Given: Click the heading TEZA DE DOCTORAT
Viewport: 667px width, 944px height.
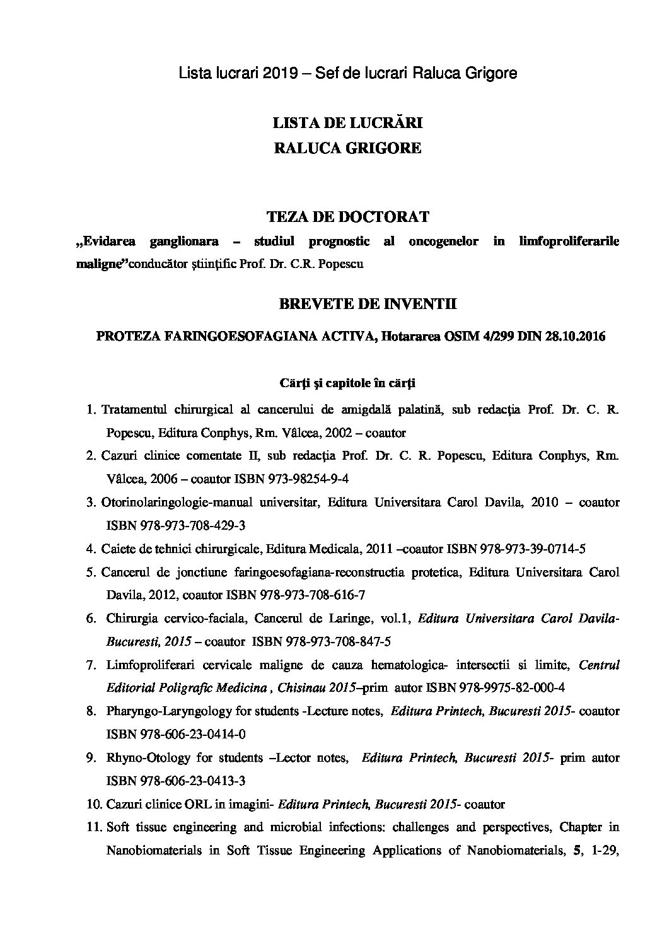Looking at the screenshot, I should coord(348,217).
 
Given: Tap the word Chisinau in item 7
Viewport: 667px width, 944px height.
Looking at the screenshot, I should coord(303,688).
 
